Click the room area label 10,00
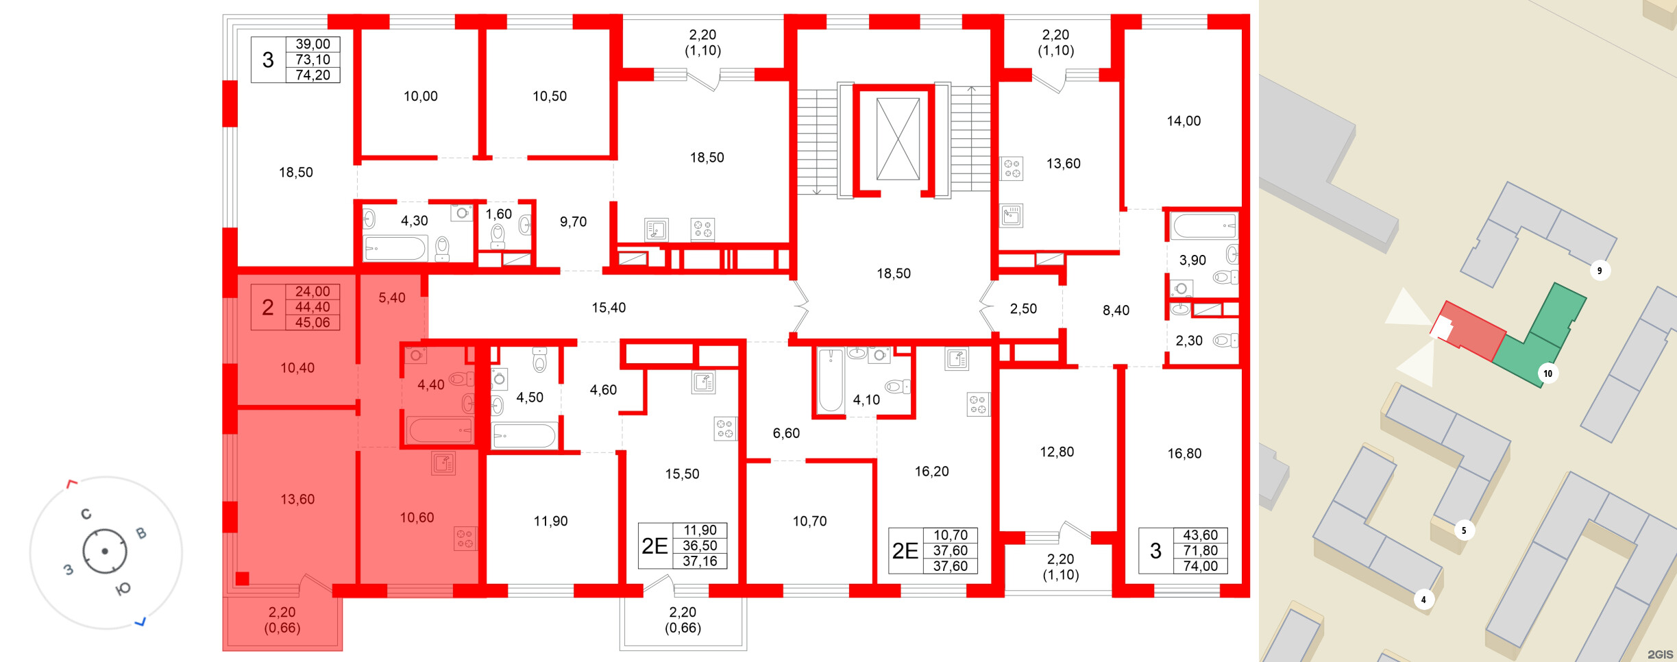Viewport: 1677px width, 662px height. tap(420, 97)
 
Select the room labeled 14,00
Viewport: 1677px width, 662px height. tap(1184, 121)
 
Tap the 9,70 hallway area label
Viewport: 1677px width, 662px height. tap(573, 222)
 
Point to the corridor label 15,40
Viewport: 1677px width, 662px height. tap(609, 308)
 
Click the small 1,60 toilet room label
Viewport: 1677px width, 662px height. tap(499, 214)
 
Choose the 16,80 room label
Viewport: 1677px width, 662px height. tap(1184, 454)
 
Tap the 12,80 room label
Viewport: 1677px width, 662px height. tap(1057, 452)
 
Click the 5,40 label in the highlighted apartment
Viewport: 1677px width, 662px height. tap(392, 298)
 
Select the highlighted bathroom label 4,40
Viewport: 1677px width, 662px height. tap(431, 385)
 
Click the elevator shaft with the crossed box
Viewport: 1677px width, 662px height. tap(898, 139)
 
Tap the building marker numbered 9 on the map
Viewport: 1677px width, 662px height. tap(1600, 271)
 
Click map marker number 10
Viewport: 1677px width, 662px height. tap(1547, 373)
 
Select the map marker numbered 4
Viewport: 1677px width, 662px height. tap(1423, 600)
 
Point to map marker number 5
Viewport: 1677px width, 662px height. tap(1464, 530)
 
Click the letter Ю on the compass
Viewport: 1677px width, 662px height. tap(123, 589)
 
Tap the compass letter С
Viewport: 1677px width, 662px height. tap(86, 514)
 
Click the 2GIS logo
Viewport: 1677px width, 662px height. tap(1660, 655)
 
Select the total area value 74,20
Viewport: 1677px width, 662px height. tap(313, 75)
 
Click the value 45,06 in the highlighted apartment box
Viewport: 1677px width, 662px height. tap(313, 323)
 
